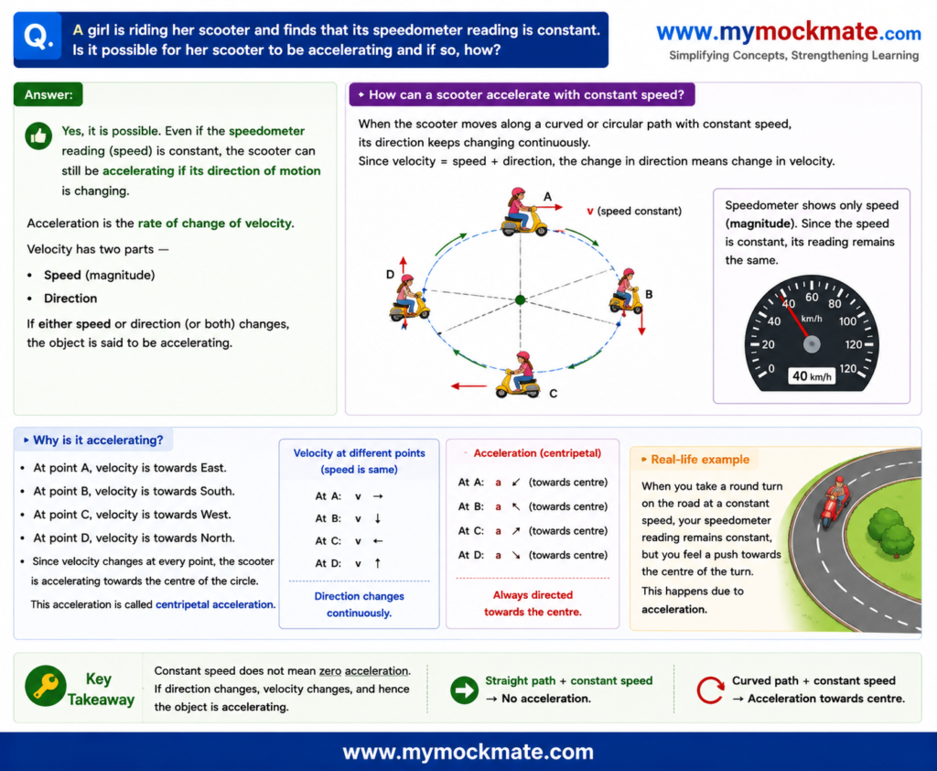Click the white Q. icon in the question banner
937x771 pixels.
coord(38,37)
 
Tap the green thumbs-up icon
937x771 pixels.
coord(38,136)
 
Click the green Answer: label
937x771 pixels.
coord(48,94)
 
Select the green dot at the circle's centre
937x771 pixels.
coord(520,299)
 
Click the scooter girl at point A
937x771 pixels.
coord(522,212)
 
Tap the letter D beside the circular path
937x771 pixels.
coord(390,275)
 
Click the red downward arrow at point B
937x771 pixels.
coord(641,320)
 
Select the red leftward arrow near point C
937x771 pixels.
coord(469,386)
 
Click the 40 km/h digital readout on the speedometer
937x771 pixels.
coord(812,375)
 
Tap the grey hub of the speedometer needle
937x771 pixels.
coord(812,344)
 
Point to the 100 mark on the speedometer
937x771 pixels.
coord(847,321)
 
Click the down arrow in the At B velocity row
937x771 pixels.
coord(378,518)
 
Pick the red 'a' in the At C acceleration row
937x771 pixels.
coord(498,530)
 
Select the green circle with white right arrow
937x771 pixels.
coord(464,690)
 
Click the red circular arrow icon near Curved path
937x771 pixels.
coord(710,690)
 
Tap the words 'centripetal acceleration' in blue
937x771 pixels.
coord(215,604)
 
